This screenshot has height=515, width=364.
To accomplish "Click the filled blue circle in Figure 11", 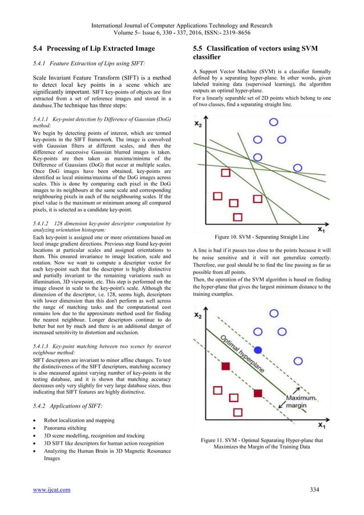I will coord(258,349).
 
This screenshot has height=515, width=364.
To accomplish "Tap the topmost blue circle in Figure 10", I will coord(274,122).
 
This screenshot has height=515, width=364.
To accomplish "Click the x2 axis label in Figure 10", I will coord(199,124).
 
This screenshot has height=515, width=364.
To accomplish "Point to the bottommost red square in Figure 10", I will coord(238,217).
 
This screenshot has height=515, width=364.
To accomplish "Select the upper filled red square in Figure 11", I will coord(226,365).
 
